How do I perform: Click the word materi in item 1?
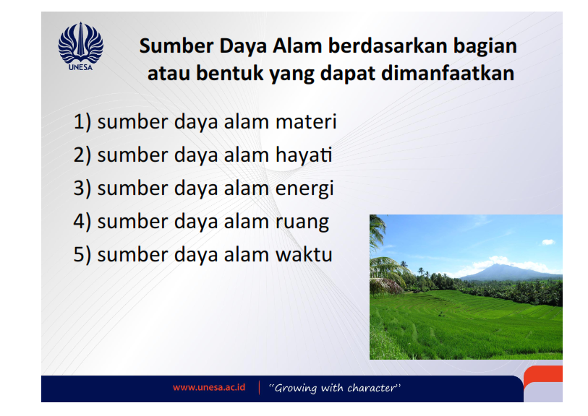(x=306, y=122)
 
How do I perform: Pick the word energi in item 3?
(x=304, y=188)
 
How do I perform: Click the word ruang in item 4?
(x=302, y=222)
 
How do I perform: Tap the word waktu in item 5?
(x=304, y=254)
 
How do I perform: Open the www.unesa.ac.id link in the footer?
(x=208, y=388)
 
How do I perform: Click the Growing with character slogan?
(x=335, y=388)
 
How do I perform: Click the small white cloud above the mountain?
(x=547, y=242)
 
